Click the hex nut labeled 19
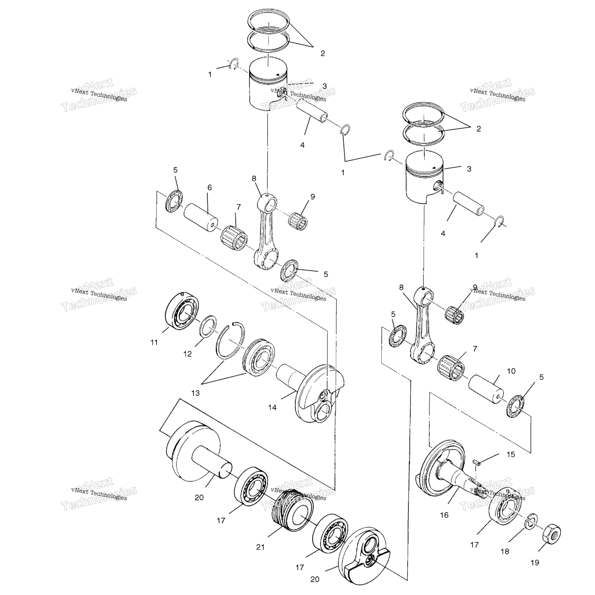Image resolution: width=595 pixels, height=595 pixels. coord(549,535)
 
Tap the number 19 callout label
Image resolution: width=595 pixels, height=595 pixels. coord(535,562)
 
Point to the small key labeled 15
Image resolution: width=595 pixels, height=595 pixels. coord(476,462)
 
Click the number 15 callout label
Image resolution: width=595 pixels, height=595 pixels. coord(511,454)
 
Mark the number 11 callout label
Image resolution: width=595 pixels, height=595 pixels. coord(154,342)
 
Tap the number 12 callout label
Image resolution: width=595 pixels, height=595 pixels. coord(187,354)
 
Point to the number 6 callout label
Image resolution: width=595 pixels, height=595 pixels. coord(210,187)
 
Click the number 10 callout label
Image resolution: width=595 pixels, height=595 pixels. coord(511,371)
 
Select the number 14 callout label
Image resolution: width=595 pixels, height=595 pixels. coord(272,408)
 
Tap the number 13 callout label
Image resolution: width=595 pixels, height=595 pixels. coord(195,393)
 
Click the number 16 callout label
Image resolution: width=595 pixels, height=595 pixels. coord(444,515)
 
